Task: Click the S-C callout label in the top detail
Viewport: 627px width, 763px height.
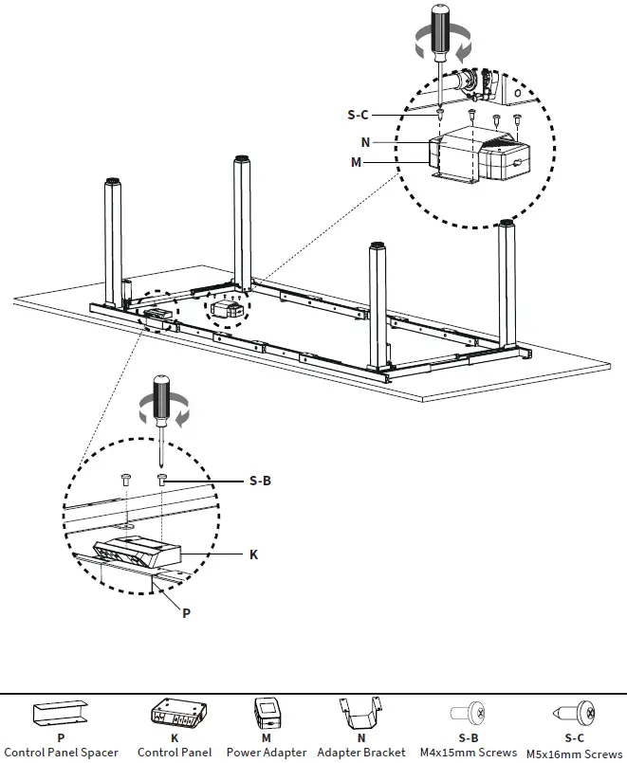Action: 358,115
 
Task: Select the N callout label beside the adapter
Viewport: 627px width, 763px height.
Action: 365,141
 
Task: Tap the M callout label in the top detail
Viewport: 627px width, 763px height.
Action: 356,162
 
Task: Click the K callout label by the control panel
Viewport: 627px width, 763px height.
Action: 253,554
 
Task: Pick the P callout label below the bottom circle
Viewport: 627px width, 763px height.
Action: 186,613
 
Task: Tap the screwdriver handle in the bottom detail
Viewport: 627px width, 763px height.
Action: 161,396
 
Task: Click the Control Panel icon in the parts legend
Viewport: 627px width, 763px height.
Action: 175,712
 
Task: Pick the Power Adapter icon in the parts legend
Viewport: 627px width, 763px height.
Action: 267,712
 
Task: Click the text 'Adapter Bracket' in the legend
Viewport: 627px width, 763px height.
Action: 360,753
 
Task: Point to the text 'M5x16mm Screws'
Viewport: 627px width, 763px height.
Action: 575,754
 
